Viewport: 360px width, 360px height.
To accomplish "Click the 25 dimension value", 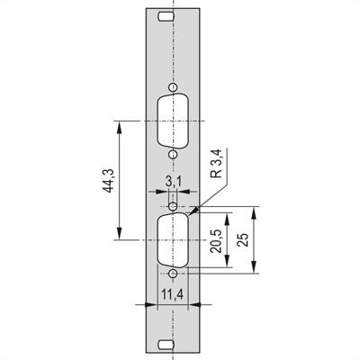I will click(x=242, y=240).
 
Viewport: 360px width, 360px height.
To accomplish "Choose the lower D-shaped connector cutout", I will click(x=173, y=240).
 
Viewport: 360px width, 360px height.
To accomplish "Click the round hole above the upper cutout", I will click(x=173, y=88).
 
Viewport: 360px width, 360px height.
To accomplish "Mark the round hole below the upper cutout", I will click(x=173, y=154).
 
